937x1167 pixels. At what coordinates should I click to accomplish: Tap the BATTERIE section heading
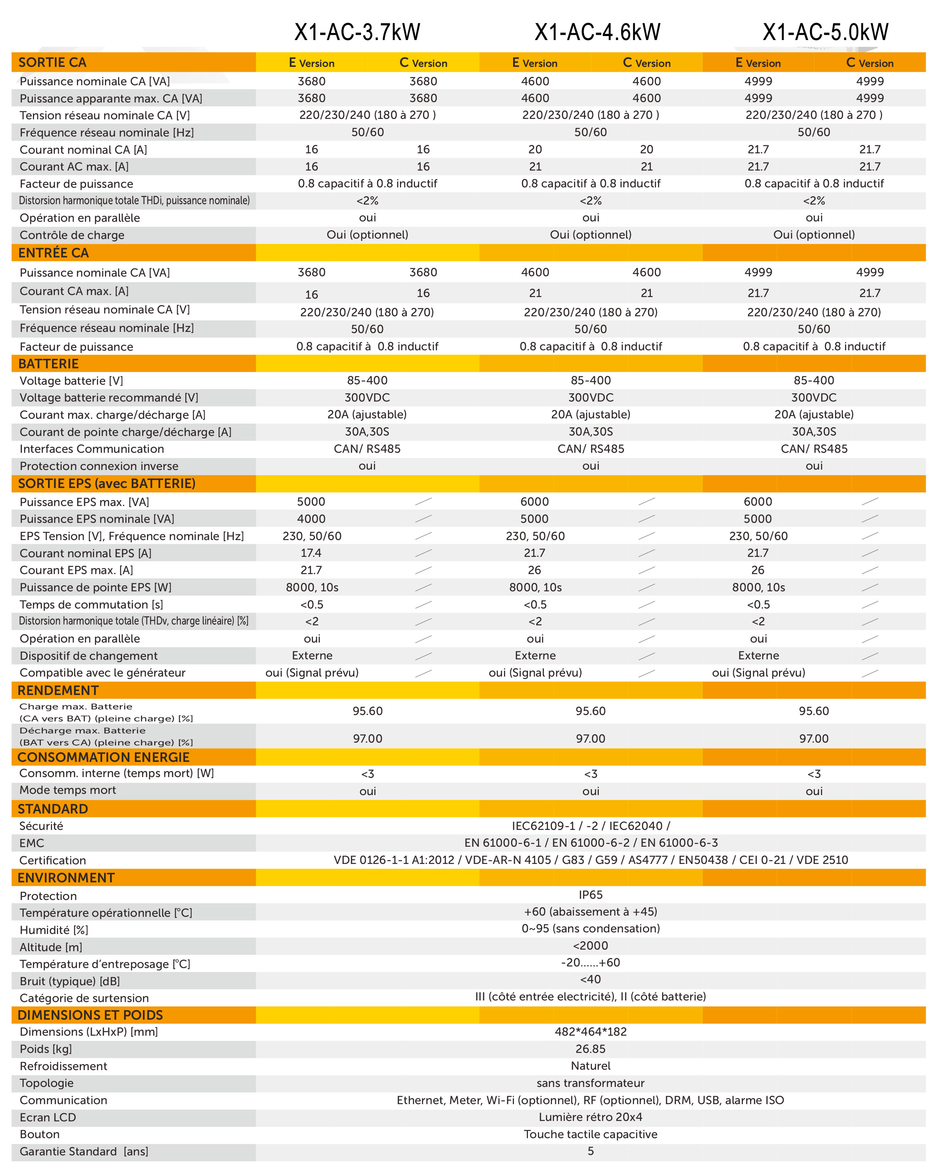click(x=49, y=364)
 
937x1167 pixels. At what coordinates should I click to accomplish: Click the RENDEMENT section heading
click(x=58, y=690)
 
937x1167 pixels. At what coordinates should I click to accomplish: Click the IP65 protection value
click(x=590, y=895)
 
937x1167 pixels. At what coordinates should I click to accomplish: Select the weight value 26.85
click(x=590, y=1048)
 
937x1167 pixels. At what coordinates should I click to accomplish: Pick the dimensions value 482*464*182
click(x=590, y=1032)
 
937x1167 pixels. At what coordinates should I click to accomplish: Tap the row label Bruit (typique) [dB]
click(x=70, y=981)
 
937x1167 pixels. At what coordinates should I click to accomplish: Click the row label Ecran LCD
click(x=48, y=1117)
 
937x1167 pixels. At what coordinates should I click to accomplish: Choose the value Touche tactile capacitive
click(x=590, y=1134)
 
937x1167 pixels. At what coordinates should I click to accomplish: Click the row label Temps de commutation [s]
click(x=91, y=605)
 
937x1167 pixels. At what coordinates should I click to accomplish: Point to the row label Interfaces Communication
click(x=92, y=449)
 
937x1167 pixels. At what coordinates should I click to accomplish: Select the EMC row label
click(x=32, y=843)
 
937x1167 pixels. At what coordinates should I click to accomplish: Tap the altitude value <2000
click(x=590, y=946)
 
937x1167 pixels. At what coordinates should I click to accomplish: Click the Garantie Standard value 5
click(x=590, y=1151)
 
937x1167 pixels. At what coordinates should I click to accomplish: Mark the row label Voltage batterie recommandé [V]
click(x=109, y=398)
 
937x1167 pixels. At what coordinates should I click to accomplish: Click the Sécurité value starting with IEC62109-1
click(x=590, y=826)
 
